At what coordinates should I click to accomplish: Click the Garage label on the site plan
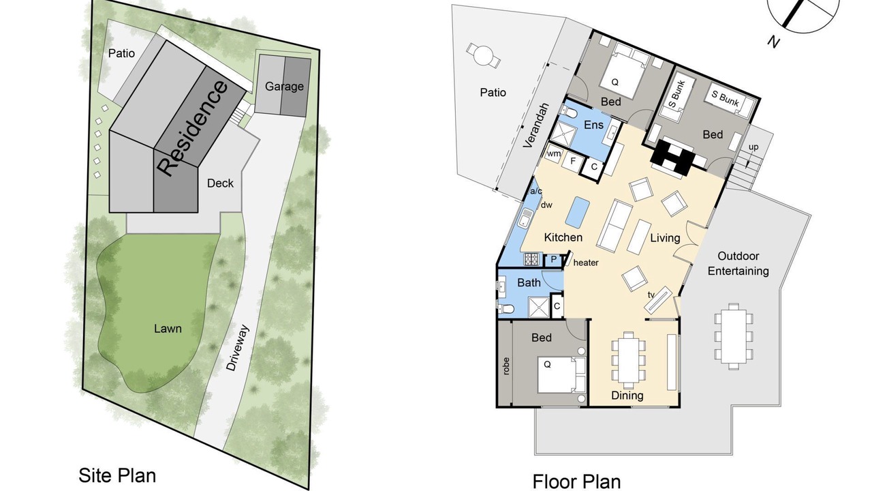[x=284, y=87]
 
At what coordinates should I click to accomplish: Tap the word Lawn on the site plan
[x=168, y=329]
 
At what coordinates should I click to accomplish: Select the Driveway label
[x=238, y=348]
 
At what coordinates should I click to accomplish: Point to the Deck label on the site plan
[x=220, y=183]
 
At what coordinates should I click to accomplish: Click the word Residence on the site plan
[x=192, y=128]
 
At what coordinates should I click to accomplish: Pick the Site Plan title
[x=117, y=475]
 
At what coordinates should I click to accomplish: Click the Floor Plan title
[x=576, y=481]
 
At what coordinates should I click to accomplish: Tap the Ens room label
[x=593, y=125]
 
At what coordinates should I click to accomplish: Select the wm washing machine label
[x=554, y=153]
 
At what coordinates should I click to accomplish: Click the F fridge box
[x=573, y=161]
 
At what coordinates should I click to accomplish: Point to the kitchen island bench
[x=577, y=212]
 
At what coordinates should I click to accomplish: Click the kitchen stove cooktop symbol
[x=531, y=259]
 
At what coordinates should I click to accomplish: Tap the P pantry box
[x=554, y=260]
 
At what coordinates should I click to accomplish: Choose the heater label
[x=586, y=263]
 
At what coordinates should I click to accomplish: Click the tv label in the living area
[x=651, y=295]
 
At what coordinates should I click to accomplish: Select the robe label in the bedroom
[x=506, y=366]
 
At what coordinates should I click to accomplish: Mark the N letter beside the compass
[x=774, y=42]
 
